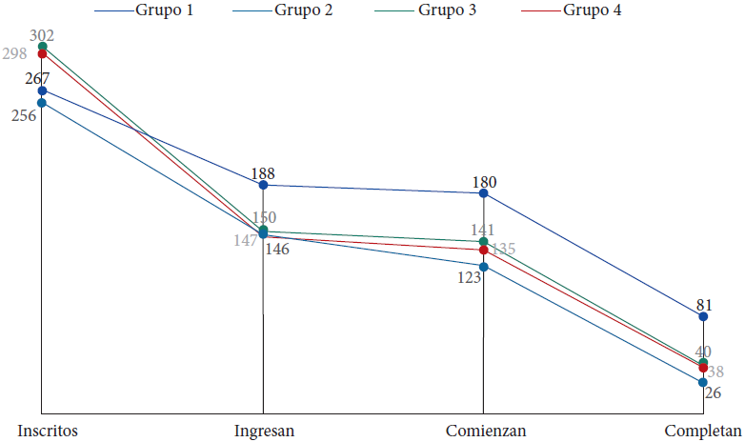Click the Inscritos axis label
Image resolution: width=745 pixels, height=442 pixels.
click(x=48, y=431)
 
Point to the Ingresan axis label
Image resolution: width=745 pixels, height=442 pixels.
click(x=264, y=431)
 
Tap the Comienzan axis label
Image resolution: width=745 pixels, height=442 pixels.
click(x=485, y=431)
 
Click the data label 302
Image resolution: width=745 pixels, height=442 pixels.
click(x=42, y=36)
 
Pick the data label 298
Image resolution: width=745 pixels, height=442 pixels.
click(x=14, y=54)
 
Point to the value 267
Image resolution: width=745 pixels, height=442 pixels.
click(x=37, y=79)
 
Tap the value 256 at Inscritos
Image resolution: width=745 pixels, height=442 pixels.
click(x=24, y=115)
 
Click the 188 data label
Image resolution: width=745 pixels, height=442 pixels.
click(x=263, y=173)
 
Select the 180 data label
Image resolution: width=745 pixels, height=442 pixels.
click(x=484, y=181)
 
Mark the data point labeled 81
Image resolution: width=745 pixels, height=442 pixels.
click(x=703, y=316)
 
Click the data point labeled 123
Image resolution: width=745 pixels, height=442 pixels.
click(x=484, y=267)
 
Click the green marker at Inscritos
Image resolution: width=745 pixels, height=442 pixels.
click(x=42, y=46)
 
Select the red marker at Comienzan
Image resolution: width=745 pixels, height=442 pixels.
click(x=484, y=250)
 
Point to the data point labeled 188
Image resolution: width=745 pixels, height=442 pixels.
click(x=263, y=185)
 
